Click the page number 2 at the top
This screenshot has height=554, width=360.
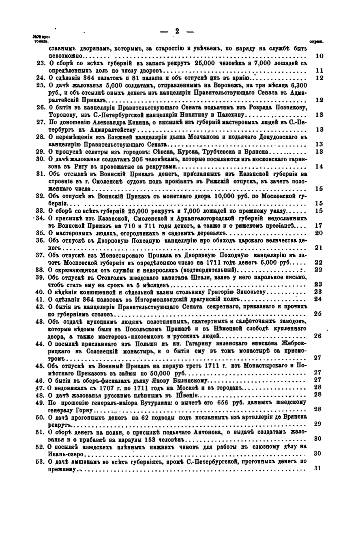pos(177,31)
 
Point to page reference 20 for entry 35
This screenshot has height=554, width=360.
pos(319,233)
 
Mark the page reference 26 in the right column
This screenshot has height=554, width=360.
pos(318,336)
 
